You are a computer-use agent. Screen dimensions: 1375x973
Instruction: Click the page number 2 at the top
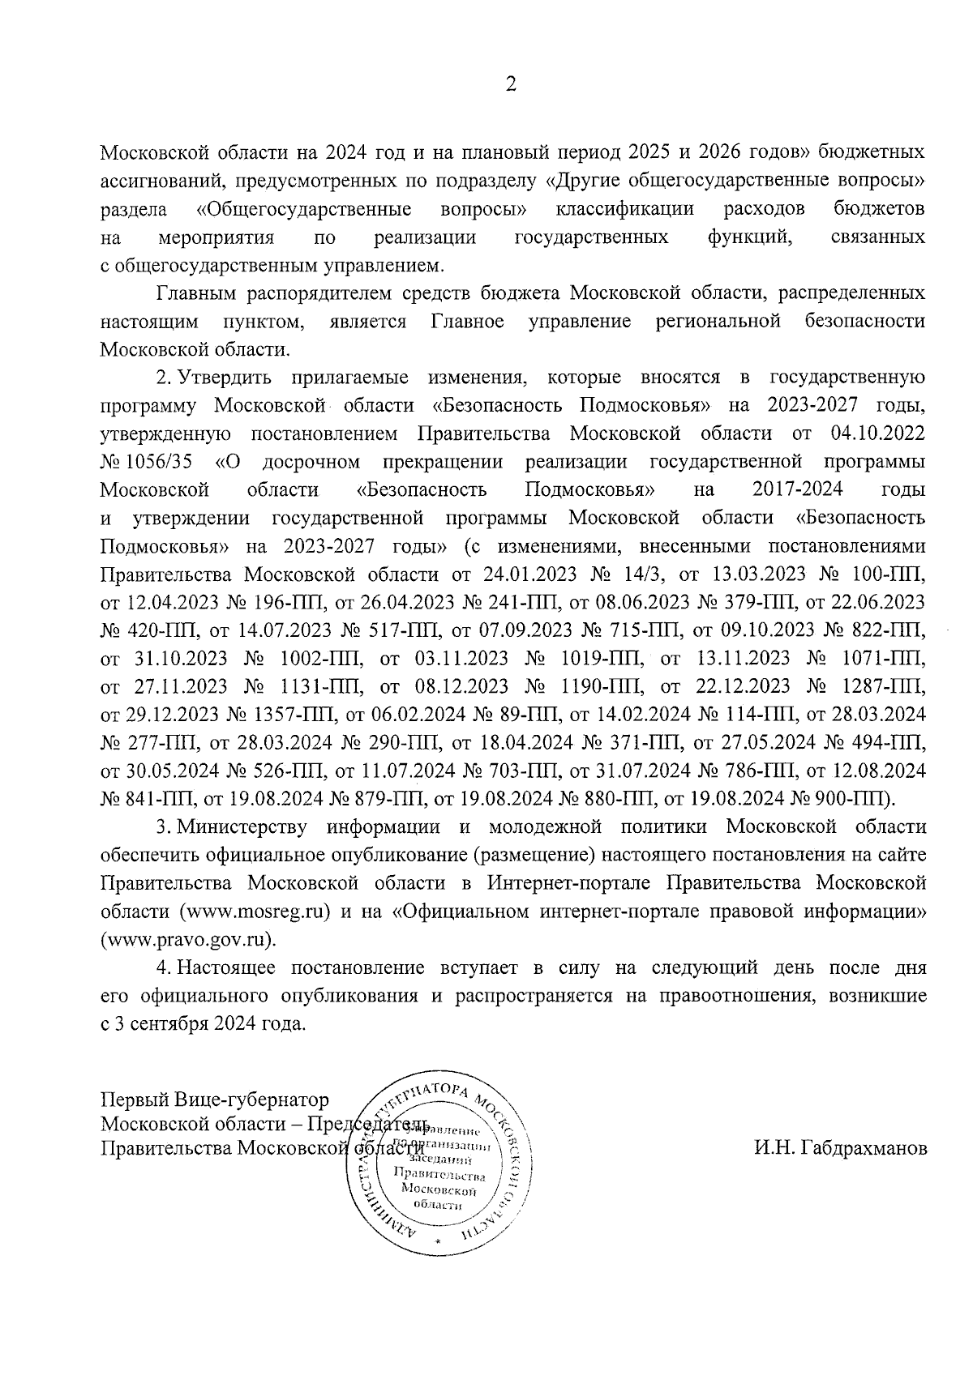510,85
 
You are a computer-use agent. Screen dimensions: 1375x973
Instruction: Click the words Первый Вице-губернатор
215,1100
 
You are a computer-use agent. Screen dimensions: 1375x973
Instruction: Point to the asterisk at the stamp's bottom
438,1242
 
